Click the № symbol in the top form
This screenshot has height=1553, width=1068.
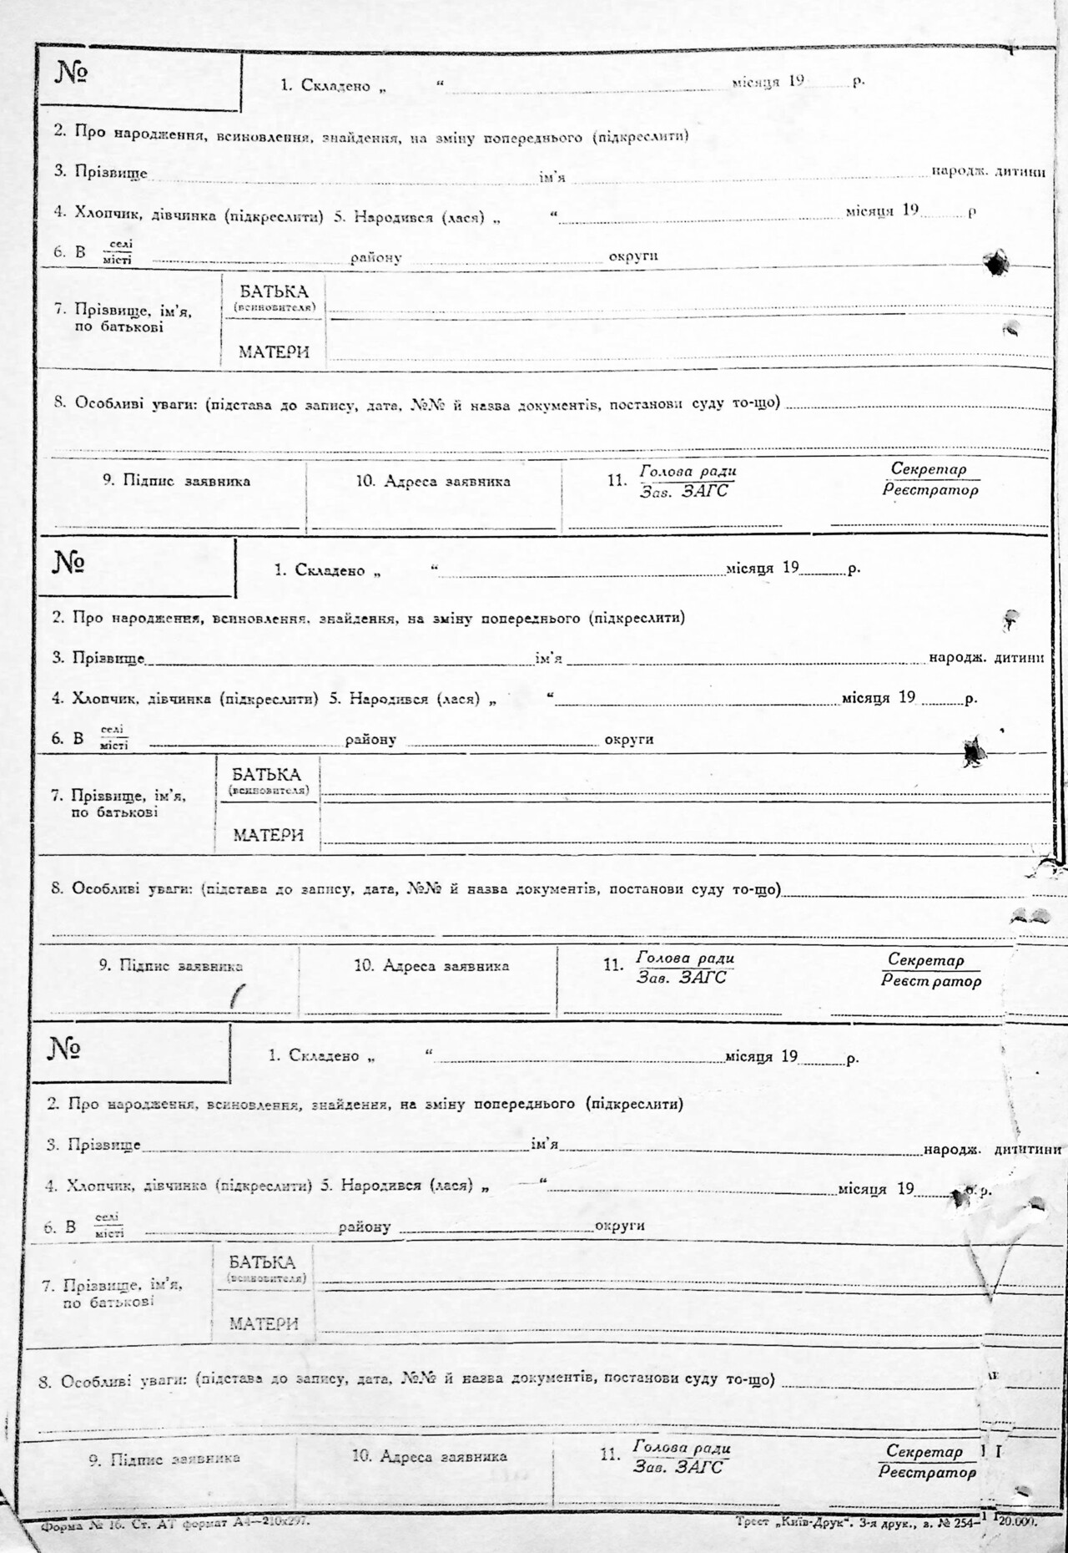pos(72,73)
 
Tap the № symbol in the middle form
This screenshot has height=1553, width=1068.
pos(68,563)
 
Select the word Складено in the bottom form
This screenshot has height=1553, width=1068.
pos(324,1055)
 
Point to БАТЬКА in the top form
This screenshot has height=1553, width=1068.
pos(274,291)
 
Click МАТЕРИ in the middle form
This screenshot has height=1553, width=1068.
pos(268,835)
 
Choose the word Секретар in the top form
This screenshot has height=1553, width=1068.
pos(929,469)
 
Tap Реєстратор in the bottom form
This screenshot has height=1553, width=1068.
pos(927,1472)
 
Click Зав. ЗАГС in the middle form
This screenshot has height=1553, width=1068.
pos(682,977)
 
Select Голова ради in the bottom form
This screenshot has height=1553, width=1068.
pos(682,1447)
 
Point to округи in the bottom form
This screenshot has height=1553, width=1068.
pos(619,1226)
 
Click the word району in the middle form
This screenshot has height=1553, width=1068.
pos(370,740)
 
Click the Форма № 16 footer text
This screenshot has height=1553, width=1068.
pos(83,1522)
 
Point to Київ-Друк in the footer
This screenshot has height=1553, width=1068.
pos(808,1521)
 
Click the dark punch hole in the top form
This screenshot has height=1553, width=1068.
pos(995,263)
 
